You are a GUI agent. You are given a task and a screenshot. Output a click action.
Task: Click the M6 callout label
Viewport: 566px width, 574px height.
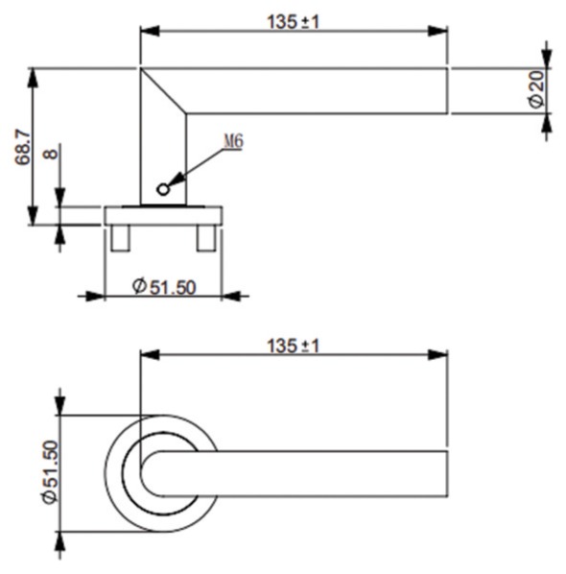(233, 141)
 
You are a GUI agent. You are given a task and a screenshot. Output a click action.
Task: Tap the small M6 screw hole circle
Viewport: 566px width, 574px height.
(163, 190)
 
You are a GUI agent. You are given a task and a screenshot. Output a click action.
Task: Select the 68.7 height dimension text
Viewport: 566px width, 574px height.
(23, 147)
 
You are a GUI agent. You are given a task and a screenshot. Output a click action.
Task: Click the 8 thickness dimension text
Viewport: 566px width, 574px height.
(51, 153)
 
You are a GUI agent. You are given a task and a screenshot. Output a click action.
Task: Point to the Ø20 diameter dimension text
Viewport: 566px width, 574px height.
(536, 89)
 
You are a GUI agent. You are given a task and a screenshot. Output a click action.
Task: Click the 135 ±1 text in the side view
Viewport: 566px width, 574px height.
(293, 22)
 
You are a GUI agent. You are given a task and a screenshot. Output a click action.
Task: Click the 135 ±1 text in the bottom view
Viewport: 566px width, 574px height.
(293, 346)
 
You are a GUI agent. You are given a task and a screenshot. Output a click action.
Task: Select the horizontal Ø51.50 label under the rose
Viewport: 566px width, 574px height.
(164, 287)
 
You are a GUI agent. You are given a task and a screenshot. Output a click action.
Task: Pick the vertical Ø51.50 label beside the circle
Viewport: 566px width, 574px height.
(51, 472)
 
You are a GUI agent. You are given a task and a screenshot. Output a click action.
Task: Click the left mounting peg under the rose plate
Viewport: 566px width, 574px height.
(120, 238)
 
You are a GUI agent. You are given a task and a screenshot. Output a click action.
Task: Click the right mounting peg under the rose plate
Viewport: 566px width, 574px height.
(206, 238)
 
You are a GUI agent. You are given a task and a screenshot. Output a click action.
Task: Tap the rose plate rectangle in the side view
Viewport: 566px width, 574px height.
(163, 216)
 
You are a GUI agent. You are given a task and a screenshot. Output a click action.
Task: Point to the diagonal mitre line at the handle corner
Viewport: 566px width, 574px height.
(163, 91)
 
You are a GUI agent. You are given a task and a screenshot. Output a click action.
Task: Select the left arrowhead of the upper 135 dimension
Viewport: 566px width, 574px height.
(150, 31)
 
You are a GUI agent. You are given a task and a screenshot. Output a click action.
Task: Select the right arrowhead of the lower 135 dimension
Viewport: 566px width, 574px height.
(437, 354)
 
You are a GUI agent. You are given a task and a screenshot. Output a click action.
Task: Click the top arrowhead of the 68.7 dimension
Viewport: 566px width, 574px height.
(33, 77)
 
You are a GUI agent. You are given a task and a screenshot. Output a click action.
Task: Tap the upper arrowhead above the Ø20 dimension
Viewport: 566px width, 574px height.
(547, 59)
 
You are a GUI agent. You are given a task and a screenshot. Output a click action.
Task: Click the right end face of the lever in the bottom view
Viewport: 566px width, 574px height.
(447, 474)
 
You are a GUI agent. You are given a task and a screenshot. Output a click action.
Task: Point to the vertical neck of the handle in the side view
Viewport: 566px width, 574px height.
(163, 157)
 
